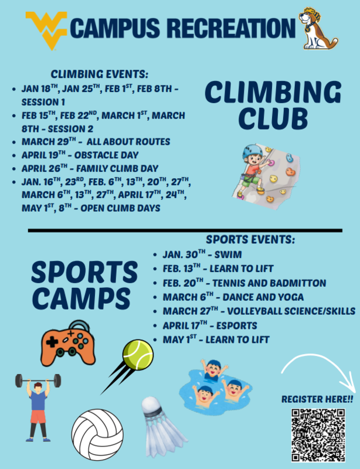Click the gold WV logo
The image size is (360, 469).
point(46,28)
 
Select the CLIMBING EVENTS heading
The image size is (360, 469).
point(100,74)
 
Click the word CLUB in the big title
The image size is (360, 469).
point(273,118)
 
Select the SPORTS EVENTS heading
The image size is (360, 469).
point(250,240)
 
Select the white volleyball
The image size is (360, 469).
point(98,433)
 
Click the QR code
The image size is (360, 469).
point(317,434)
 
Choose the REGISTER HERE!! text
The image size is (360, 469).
point(317,399)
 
